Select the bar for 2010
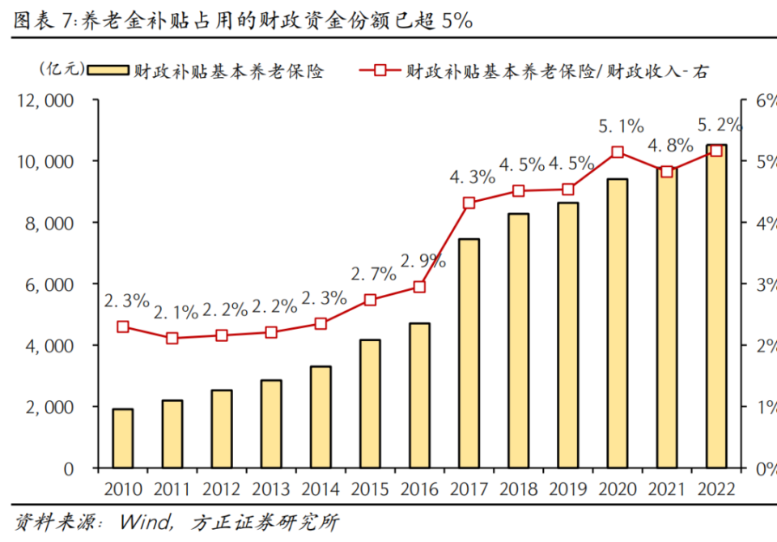point(123,438)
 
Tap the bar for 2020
point(618,323)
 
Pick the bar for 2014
point(321,417)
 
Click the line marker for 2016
point(419,287)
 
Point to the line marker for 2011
point(172,338)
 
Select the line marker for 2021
point(667,172)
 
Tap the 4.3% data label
point(473,176)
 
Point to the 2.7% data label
point(373,273)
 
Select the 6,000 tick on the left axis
point(49,284)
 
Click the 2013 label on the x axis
point(271,490)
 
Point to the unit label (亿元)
point(61,70)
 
